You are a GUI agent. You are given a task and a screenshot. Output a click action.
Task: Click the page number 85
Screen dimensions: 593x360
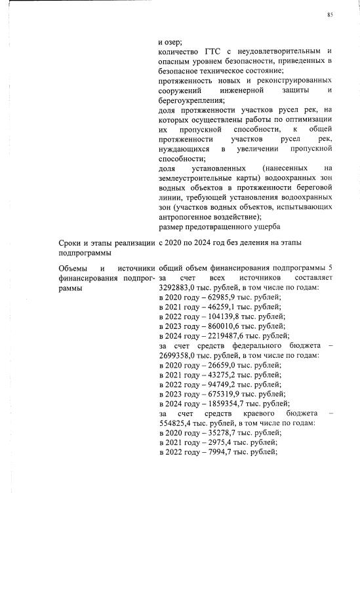(330, 14)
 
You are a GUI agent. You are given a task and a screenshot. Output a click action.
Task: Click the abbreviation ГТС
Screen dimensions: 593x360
(216, 51)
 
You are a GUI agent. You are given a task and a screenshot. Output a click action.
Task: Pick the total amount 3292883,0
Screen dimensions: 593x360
(179, 288)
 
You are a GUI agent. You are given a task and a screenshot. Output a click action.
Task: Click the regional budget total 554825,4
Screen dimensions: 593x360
(177, 423)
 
